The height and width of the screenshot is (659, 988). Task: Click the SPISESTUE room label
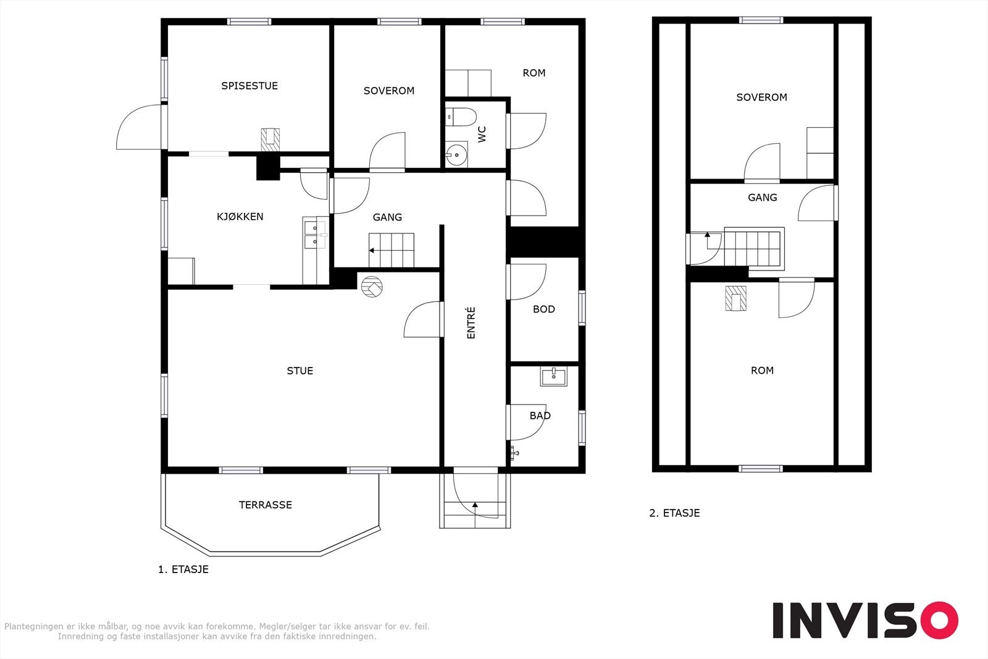(x=249, y=86)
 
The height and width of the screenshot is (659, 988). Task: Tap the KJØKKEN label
(x=240, y=217)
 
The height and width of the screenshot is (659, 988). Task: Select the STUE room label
(x=300, y=371)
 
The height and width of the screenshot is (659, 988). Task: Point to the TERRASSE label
(x=266, y=505)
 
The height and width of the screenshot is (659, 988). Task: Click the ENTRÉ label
(x=471, y=323)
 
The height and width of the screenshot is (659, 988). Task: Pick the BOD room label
(x=544, y=309)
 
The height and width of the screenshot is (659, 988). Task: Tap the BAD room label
(x=540, y=416)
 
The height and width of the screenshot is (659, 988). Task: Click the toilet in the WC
(x=461, y=117)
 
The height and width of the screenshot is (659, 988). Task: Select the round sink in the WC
(x=456, y=154)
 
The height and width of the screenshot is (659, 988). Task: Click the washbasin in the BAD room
(x=553, y=377)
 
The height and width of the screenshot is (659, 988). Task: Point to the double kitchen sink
(x=315, y=234)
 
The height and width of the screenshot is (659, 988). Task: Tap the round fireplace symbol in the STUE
(x=372, y=287)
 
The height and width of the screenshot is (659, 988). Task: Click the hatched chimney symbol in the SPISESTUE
(x=270, y=140)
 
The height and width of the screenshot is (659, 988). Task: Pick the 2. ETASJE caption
(x=674, y=513)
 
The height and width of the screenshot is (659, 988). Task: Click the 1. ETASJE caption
(x=183, y=569)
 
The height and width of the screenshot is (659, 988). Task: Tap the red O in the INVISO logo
(x=939, y=619)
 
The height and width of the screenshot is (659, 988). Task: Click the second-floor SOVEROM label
(x=762, y=97)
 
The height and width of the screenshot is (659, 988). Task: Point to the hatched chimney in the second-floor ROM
(x=735, y=298)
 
